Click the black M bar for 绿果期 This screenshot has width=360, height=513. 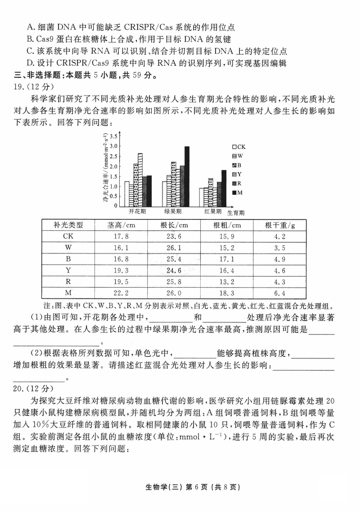pos(187,176)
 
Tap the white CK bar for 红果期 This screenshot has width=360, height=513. pos(202,197)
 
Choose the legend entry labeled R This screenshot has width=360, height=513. pos(237,183)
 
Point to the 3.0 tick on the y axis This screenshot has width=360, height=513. pos(114,146)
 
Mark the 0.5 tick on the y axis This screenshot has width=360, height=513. pos(114,196)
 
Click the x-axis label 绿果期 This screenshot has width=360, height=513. pos(173,211)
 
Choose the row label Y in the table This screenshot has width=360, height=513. pos(68,271)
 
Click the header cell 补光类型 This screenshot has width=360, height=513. pos(68,225)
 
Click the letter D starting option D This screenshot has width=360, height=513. pos(30,63)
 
